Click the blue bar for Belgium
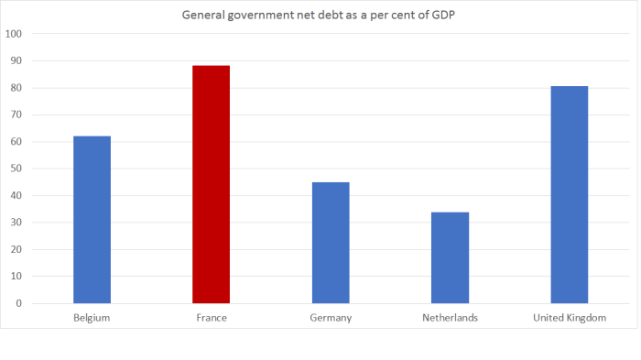[x=92, y=220]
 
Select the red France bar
[x=211, y=184]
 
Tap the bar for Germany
[x=331, y=243]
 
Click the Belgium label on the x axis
[x=92, y=318]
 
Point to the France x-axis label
[x=211, y=318]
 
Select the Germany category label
[x=331, y=318]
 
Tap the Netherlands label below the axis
[x=450, y=318]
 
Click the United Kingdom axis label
[x=569, y=318]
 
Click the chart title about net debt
[x=320, y=15]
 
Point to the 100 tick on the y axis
[x=14, y=34]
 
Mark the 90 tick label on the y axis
[x=16, y=61]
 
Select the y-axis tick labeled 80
[x=16, y=88]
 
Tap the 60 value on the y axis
[x=16, y=142]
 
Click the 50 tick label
[x=16, y=169]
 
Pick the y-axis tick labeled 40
[x=16, y=196]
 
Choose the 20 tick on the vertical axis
[x=16, y=249]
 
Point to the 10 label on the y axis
[x=16, y=277]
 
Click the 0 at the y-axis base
[x=18, y=303]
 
